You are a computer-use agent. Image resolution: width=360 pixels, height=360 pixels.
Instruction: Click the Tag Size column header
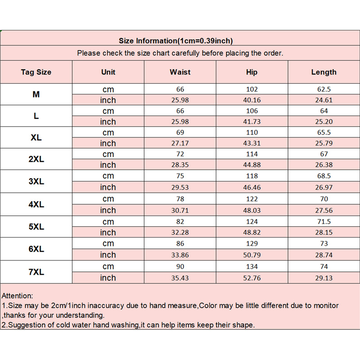pyautogui.click(x=36, y=72)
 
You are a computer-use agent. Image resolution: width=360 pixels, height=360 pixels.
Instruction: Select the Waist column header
pyautogui.click(x=180, y=72)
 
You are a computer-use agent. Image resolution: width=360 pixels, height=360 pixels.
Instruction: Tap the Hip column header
pyautogui.click(x=252, y=72)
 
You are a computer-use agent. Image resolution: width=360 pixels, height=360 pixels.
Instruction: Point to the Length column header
pyautogui.click(x=324, y=72)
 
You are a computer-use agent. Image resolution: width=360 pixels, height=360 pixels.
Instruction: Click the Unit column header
pyautogui.click(x=108, y=72)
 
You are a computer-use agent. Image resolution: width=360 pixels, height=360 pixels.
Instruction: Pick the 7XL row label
pyautogui.click(x=36, y=273)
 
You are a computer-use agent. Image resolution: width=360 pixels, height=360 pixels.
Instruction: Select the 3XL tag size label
pyautogui.click(x=36, y=181)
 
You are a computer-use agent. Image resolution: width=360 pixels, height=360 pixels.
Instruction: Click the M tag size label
pyautogui.click(x=36, y=94)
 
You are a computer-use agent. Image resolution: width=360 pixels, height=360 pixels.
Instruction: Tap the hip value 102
pyautogui.click(x=252, y=89)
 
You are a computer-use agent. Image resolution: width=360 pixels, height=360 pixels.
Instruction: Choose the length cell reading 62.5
pyautogui.click(x=324, y=89)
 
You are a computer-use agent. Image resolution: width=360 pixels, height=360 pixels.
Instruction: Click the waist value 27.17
pyautogui.click(x=180, y=144)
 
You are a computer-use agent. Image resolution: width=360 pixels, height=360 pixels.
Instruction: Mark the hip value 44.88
pyautogui.click(x=252, y=165)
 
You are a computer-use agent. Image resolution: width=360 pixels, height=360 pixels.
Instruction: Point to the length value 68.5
pyautogui.click(x=324, y=176)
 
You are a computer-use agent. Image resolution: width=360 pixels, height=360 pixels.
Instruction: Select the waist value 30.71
pyautogui.click(x=180, y=210)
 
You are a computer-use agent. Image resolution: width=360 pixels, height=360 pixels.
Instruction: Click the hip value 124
pyautogui.click(x=252, y=221)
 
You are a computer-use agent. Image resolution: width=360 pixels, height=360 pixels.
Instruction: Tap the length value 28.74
pyautogui.click(x=324, y=255)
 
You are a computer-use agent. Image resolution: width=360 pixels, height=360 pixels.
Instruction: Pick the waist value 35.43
pyautogui.click(x=180, y=278)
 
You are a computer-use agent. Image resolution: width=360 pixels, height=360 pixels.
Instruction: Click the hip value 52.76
pyautogui.click(x=252, y=278)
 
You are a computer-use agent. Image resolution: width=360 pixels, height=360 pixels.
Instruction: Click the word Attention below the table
pyautogui.click(x=17, y=296)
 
